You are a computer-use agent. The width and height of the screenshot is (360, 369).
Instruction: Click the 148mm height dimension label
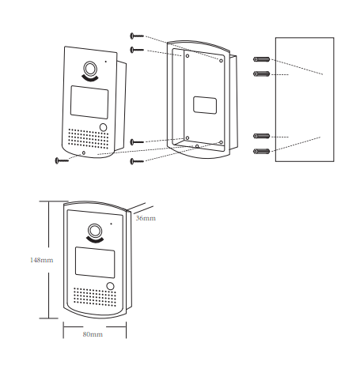pyautogui.click(x=41, y=260)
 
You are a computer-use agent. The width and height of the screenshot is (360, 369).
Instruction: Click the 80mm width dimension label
pyautogui.click(x=93, y=334)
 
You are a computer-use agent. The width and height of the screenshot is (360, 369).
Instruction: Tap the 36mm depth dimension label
pyautogui.click(x=146, y=218)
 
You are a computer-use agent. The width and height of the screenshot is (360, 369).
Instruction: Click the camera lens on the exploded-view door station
pyautogui.click(x=90, y=69)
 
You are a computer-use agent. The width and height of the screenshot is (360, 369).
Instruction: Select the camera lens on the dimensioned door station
pyautogui.click(x=95, y=231)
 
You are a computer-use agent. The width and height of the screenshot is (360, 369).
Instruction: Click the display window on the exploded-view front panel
pyautogui.click(x=89, y=102)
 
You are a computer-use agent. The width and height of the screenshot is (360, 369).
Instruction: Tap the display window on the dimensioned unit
pyautogui.click(x=95, y=262)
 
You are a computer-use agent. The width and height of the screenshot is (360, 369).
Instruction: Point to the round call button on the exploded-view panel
pyautogui.click(x=103, y=127)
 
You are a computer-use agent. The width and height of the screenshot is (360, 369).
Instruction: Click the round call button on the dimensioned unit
pyautogui.click(x=110, y=286)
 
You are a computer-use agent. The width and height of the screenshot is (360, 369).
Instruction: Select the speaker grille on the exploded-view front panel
pyautogui.click(x=89, y=138)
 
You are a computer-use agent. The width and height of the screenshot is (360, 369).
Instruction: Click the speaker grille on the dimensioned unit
pyautogui.click(x=95, y=297)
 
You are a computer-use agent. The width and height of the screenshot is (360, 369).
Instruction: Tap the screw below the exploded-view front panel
pyautogui.click(x=62, y=160)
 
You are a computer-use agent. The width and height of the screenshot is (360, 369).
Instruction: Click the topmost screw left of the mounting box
pyautogui.click(x=137, y=36)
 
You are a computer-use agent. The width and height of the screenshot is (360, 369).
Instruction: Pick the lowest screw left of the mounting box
pyautogui.click(x=137, y=161)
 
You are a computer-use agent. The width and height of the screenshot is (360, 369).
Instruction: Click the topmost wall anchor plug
pyautogui.click(x=261, y=59)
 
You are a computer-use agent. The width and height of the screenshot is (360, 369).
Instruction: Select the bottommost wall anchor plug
pyautogui.click(x=261, y=151)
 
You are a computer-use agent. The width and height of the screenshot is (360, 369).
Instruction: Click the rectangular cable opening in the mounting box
pyautogui.click(x=205, y=105)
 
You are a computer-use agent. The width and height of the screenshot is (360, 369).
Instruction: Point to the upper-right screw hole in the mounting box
pyautogui.click(x=221, y=61)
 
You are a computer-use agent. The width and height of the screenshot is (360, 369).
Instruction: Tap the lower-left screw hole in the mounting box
pyautogui.click(x=188, y=137)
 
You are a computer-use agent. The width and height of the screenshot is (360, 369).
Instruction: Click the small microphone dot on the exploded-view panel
pyautogui.click(x=106, y=62)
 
